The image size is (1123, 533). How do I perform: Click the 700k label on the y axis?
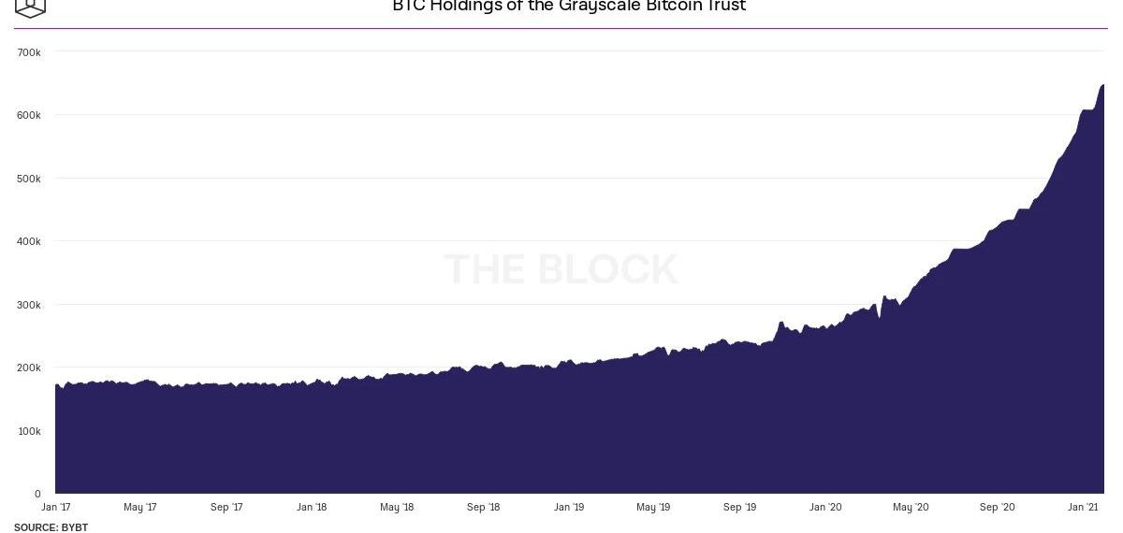29,52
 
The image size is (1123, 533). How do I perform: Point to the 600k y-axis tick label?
29,115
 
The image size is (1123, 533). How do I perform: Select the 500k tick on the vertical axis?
29,179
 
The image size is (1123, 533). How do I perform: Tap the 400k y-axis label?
29,241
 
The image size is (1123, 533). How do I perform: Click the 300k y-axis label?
29,305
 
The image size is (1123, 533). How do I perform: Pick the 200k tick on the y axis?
29,367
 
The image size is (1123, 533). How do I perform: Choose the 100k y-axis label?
29,431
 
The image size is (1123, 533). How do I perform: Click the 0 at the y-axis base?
37,494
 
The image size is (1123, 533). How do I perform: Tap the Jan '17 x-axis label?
56,508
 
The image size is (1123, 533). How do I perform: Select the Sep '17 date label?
226,508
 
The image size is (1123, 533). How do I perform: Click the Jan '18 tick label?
312,508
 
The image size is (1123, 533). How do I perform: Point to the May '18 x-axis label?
397,508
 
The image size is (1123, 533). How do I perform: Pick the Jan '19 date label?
569,508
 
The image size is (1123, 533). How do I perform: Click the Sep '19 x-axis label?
739,508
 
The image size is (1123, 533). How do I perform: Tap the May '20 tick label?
911,508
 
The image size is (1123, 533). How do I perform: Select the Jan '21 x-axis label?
1083,508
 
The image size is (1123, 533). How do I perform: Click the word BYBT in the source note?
75,527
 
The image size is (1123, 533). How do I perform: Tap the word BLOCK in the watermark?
607,269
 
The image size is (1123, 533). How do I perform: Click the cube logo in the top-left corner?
30,7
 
